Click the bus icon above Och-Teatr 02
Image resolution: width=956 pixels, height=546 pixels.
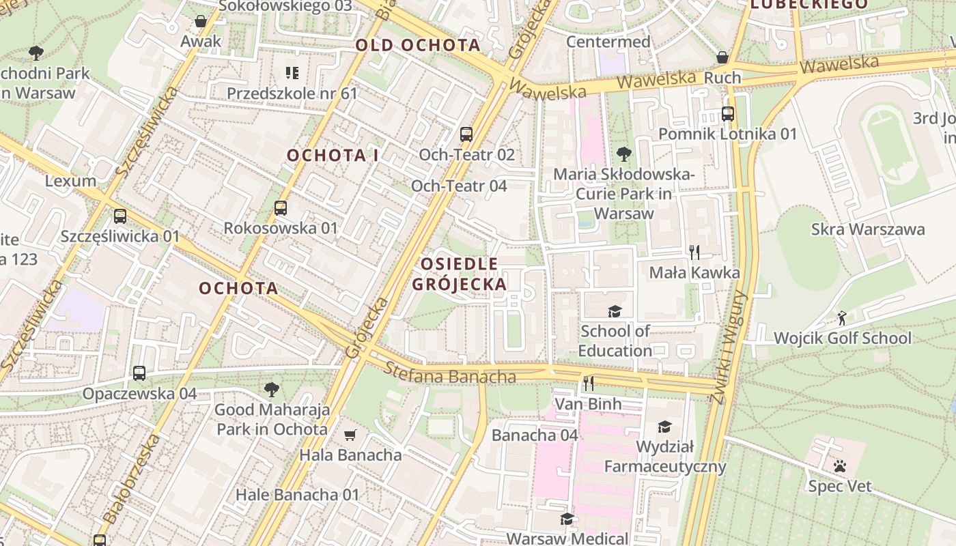click(466, 134)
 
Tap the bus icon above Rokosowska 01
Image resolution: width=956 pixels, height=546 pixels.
click(281, 208)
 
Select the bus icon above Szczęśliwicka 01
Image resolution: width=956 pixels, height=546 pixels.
click(120, 216)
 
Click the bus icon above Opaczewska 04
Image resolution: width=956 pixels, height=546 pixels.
click(139, 373)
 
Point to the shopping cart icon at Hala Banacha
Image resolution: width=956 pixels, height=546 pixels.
click(350, 435)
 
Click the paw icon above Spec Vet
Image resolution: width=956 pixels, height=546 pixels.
click(839, 466)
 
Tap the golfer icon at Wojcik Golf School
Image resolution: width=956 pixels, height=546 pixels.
click(842, 318)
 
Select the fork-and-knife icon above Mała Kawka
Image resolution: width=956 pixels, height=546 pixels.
click(694, 253)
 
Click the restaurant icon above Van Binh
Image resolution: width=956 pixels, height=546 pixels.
click(588, 384)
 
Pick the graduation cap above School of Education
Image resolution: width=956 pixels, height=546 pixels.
click(615, 311)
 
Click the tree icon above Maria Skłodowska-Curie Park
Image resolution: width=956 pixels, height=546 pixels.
click(623, 154)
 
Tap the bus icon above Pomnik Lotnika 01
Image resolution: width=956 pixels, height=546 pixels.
click(728, 113)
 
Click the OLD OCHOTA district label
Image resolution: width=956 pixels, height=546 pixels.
click(417, 46)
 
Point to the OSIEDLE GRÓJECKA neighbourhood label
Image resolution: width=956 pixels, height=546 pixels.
click(460, 274)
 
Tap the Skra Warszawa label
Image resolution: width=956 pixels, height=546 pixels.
click(867, 229)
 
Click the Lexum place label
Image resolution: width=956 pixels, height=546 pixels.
click(70, 181)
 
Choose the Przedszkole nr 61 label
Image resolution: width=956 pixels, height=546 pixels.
click(292, 93)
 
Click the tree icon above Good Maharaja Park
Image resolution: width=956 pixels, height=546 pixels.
click(272, 390)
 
